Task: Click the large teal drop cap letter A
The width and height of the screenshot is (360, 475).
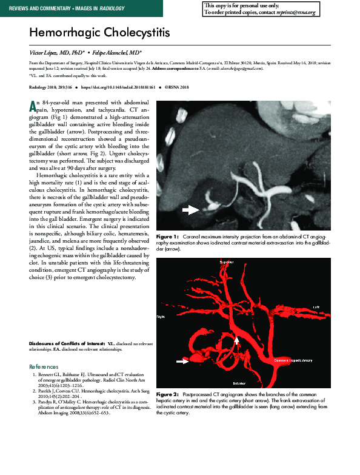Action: coord(33,106)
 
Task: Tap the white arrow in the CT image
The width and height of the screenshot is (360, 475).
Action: coord(192,210)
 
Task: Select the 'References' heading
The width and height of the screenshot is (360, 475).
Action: coord(44,367)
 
